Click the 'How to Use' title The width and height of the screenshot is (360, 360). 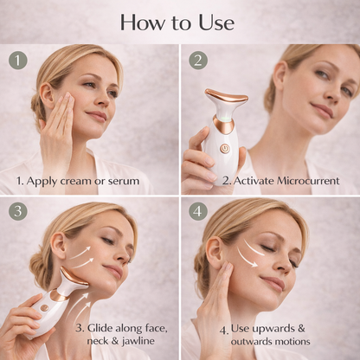click(180, 22)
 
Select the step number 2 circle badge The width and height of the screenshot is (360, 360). click(197, 60)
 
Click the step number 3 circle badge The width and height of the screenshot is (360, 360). click(17, 210)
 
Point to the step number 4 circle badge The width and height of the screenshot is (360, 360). click(197, 210)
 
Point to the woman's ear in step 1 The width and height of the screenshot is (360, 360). click(48, 94)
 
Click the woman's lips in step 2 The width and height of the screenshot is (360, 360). click(321, 111)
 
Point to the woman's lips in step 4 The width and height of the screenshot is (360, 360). click(274, 282)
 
